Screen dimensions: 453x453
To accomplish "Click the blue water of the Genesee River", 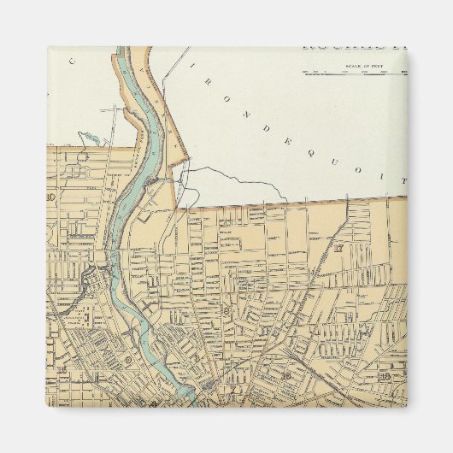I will (137, 171).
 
